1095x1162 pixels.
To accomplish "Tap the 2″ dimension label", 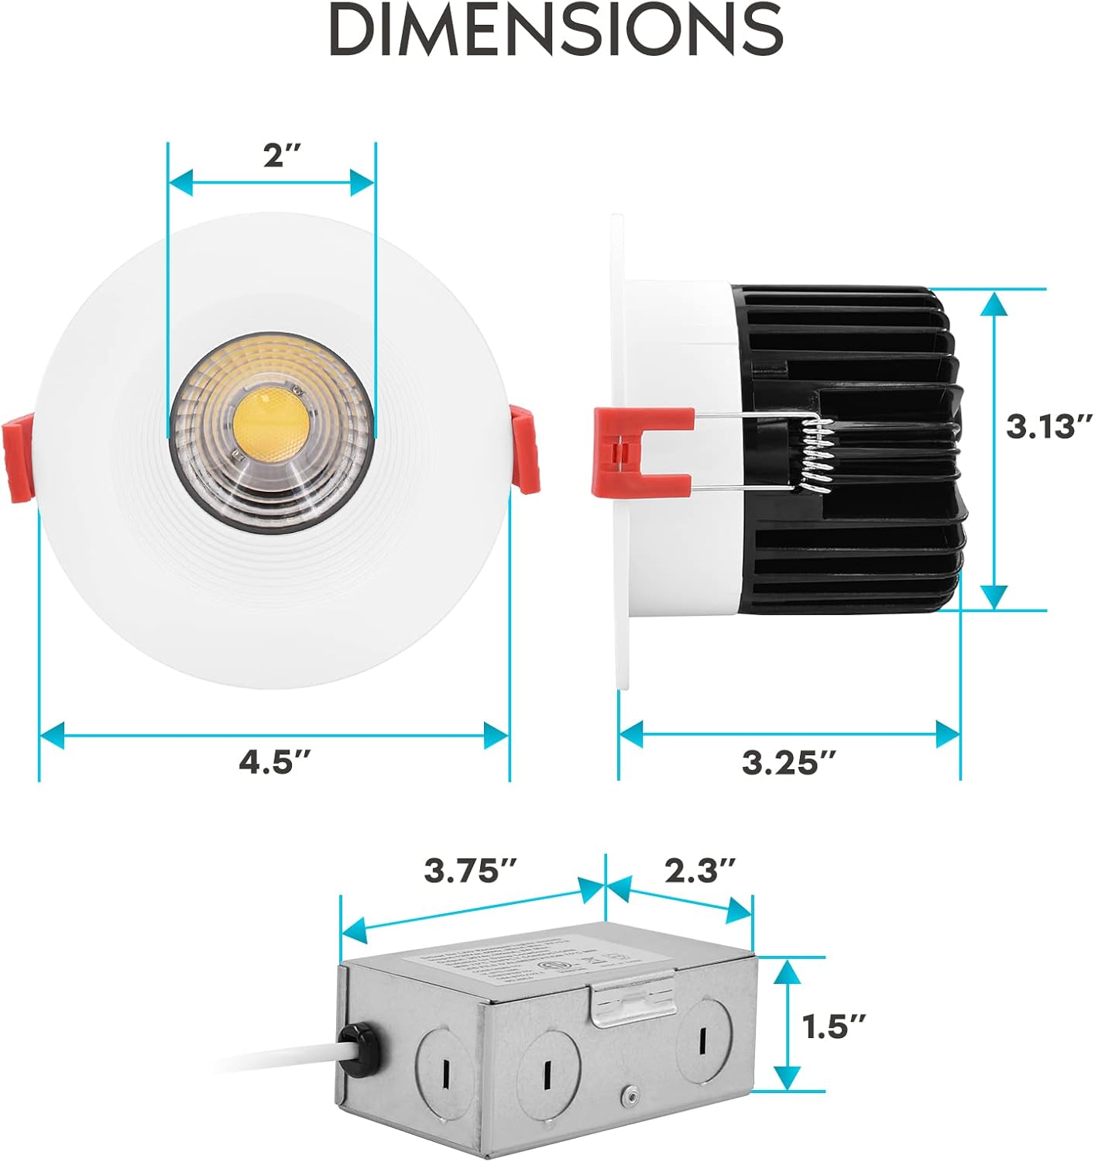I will click(281, 156).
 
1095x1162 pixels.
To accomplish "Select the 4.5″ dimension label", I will click(274, 762).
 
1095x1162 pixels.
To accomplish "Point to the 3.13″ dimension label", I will click(1049, 427).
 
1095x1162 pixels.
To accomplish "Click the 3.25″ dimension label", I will click(789, 762).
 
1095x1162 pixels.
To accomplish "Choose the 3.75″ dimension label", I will click(472, 871).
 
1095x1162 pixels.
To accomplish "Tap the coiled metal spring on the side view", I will click(815, 457).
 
